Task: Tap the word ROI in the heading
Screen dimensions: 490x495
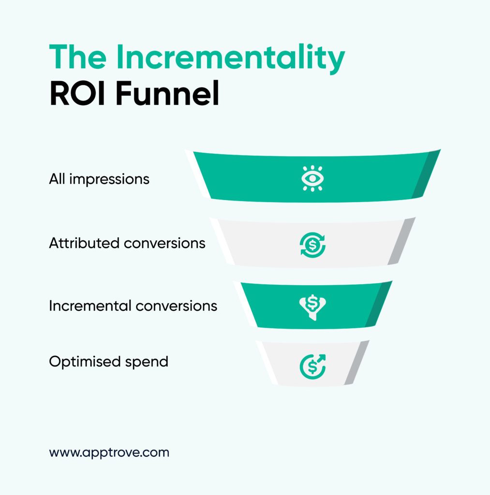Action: point(77,93)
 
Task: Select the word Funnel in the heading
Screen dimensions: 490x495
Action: point(167,93)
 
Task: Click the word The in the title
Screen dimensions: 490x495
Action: point(78,57)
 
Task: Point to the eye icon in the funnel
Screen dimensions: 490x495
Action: point(312,178)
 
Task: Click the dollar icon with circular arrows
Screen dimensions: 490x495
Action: point(312,245)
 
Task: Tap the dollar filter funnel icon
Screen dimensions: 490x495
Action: point(312,307)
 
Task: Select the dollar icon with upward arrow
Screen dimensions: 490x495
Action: point(312,366)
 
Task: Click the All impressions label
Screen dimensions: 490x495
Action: point(99,179)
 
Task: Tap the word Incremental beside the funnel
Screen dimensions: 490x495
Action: point(90,306)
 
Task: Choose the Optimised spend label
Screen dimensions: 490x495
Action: point(109,362)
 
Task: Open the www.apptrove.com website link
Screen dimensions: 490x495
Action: point(109,452)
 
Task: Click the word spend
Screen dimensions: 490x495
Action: point(147,363)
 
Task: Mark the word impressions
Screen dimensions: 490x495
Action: point(109,180)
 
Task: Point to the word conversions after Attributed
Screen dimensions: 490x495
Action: point(164,244)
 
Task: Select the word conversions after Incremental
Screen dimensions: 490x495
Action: point(176,306)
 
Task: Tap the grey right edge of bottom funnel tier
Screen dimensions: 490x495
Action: point(356,363)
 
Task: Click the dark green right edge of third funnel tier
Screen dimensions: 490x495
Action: point(378,304)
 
